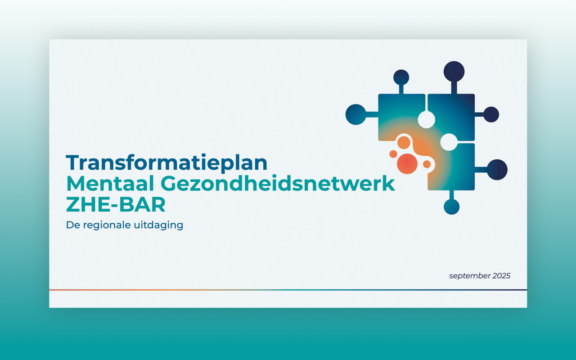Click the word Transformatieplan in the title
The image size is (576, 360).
pyautogui.click(x=166, y=163)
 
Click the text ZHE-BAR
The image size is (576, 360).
pyautogui.click(x=116, y=204)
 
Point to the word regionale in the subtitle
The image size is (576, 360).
pyautogui.click(x=107, y=225)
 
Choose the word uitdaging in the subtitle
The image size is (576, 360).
pyautogui.click(x=158, y=225)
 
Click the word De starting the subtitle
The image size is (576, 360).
pyautogui.click(x=73, y=225)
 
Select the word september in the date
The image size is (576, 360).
pyautogui.click(x=469, y=276)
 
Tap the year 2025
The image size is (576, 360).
pyautogui.click(x=501, y=276)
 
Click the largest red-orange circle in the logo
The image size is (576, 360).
pyautogui.click(x=407, y=163)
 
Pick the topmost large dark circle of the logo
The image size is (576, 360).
pyautogui.click(x=454, y=72)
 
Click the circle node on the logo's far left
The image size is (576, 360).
pyautogui.click(x=356, y=114)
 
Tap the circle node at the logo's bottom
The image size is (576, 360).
pyautogui.click(x=451, y=207)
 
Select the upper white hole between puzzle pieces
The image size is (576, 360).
pyautogui.click(x=426, y=120)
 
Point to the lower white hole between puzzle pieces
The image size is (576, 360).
pyautogui.click(x=449, y=142)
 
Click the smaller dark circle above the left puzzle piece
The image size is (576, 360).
pyautogui.click(x=401, y=77)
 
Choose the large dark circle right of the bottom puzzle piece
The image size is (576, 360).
pyautogui.click(x=497, y=170)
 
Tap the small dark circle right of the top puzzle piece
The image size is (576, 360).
pyautogui.click(x=491, y=114)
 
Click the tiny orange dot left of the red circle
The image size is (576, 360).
pyautogui.click(x=393, y=154)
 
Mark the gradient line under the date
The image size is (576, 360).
pyautogui.click(x=288, y=290)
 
